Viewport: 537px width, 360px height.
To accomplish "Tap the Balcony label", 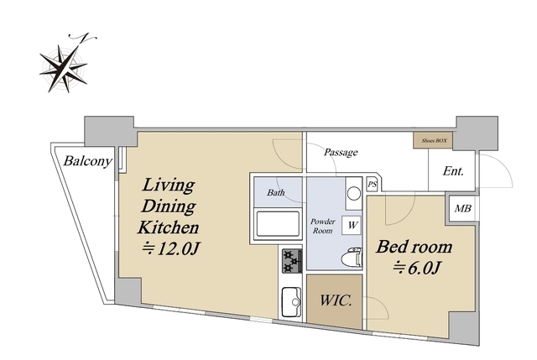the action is pos(87,161).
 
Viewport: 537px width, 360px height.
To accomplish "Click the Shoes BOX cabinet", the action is pos(433,140).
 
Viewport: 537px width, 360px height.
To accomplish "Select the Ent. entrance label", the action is pos(453,171).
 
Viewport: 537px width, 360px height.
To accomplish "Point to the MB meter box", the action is pos(462,208).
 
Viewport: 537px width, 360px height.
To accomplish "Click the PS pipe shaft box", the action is pos(373,185).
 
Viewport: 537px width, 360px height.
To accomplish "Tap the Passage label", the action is pos(341,152).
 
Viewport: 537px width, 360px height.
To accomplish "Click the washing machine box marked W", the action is pos(352,226).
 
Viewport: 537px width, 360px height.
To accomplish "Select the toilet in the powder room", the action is pos(352,257).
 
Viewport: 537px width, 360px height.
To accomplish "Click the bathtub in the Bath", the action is pos(278,224).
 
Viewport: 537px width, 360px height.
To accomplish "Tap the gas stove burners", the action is pos(292,261).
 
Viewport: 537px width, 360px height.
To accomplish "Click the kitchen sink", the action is pos(291,302).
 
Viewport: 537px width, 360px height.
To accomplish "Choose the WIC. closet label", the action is pos(336,300).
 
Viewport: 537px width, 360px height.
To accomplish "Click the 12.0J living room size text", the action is pos(171,249).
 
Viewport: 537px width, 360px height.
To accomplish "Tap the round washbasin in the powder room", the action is pos(354,194).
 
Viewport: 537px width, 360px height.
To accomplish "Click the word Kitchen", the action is pos(168,227).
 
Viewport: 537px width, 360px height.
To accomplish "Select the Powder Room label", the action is pos(322,226).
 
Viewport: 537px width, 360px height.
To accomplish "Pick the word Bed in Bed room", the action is pos(391,247).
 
